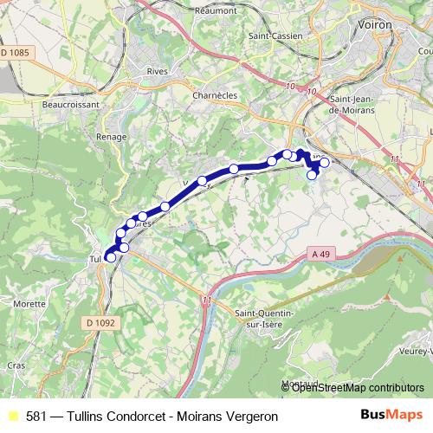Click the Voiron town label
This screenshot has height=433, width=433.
(375, 26)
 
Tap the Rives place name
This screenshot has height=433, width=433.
(157, 72)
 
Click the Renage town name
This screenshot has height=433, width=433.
(112, 137)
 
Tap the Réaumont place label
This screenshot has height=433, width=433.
(217, 10)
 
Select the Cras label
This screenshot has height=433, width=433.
(16, 365)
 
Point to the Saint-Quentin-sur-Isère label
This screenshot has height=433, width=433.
(265, 316)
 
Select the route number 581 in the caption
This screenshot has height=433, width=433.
(37, 417)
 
